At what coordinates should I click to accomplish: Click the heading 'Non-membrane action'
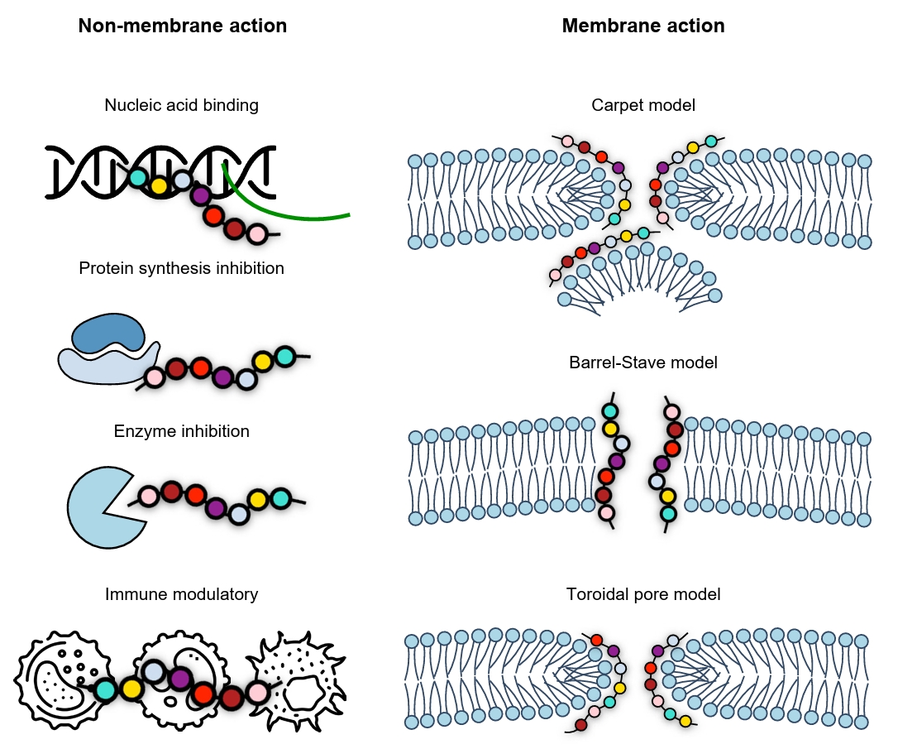(x=182, y=26)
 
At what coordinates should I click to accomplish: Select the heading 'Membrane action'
(x=642, y=26)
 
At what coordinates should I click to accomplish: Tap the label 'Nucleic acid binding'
(x=181, y=105)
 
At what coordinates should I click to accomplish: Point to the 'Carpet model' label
(x=642, y=105)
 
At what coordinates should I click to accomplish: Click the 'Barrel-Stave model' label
(x=642, y=362)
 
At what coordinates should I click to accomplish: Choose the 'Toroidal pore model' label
(x=642, y=594)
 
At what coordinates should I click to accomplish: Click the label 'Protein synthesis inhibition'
(x=181, y=268)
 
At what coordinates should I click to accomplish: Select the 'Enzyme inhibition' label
(x=181, y=431)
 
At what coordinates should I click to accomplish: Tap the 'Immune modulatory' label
(x=181, y=594)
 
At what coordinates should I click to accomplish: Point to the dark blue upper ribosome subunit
(x=108, y=334)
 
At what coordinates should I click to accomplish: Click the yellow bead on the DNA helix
(x=159, y=185)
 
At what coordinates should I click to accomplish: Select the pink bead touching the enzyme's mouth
(x=148, y=497)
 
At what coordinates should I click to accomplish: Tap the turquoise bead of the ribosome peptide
(x=284, y=356)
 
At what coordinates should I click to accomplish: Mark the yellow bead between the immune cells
(x=131, y=688)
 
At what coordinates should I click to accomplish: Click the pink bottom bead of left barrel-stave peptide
(x=606, y=513)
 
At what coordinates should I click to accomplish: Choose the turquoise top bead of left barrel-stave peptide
(x=609, y=411)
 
